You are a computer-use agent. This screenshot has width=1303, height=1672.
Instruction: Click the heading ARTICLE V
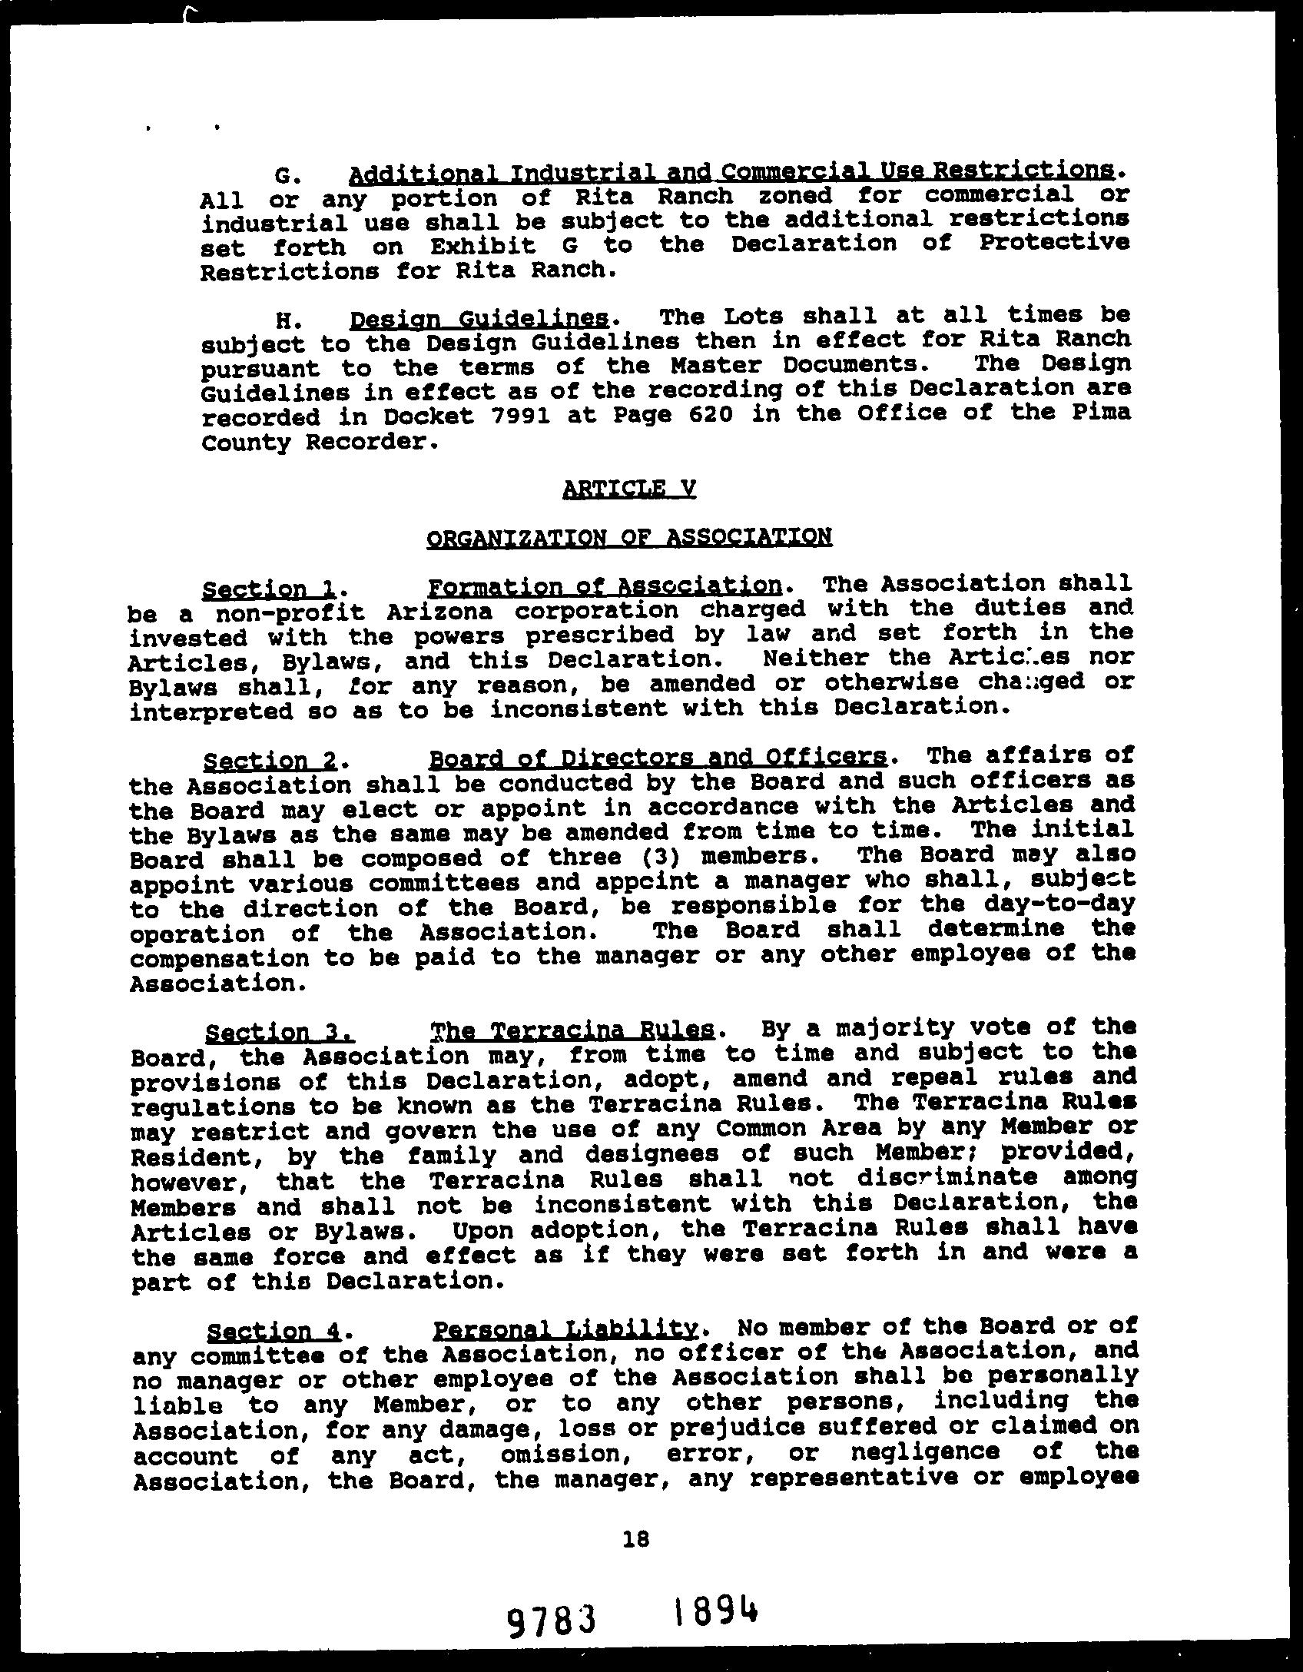click(629, 489)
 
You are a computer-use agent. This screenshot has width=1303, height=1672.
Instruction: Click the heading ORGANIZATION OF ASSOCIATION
click(629, 537)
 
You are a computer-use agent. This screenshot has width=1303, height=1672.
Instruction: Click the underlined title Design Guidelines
click(479, 319)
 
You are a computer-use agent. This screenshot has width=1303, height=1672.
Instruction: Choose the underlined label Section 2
click(270, 761)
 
